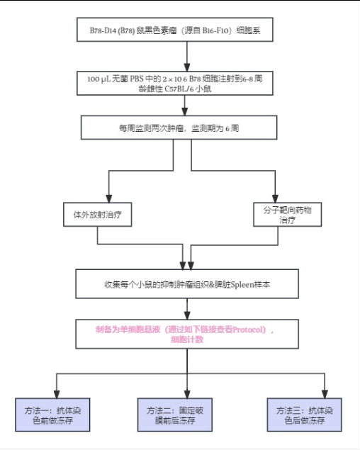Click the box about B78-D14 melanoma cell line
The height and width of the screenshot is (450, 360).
(175, 30)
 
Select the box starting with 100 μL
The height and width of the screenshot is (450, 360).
(175, 83)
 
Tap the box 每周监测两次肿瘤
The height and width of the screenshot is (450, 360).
(179, 128)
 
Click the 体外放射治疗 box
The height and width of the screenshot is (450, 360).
(98, 215)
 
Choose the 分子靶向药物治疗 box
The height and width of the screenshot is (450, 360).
(288, 215)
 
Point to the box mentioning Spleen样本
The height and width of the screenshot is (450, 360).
(187, 284)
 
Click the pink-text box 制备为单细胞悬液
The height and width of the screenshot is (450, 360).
(187, 334)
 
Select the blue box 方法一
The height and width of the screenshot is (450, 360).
(52, 415)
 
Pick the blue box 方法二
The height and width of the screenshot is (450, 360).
(175, 415)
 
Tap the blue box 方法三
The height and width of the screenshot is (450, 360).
(304, 415)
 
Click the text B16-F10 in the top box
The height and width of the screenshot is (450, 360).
(215, 30)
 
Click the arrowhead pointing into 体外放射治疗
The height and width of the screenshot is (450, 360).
(109, 198)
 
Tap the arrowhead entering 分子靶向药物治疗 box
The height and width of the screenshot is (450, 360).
(275, 198)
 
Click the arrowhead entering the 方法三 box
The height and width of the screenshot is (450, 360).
(325, 394)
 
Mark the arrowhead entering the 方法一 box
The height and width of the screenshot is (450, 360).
(57, 394)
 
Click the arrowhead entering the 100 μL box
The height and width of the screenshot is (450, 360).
(187, 67)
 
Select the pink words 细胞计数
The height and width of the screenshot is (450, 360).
(187, 339)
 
